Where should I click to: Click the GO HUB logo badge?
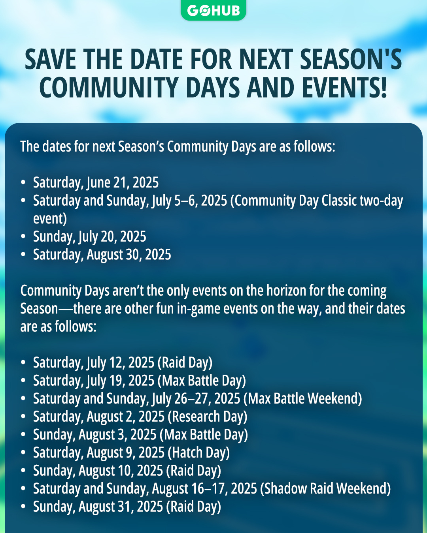(x=213, y=10)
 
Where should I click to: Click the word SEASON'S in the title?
(x=351, y=59)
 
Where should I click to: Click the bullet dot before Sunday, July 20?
(x=23, y=236)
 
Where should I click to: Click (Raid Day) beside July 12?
(x=185, y=362)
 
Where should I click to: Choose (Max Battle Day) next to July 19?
(x=202, y=381)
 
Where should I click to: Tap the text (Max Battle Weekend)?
(x=303, y=398)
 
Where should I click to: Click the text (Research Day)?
(x=208, y=417)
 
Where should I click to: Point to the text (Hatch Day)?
(x=199, y=452)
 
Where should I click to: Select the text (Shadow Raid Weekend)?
(x=325, y=488)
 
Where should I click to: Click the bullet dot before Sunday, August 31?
(x=23, y=507)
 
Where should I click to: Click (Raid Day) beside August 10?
(x=193, y=471)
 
